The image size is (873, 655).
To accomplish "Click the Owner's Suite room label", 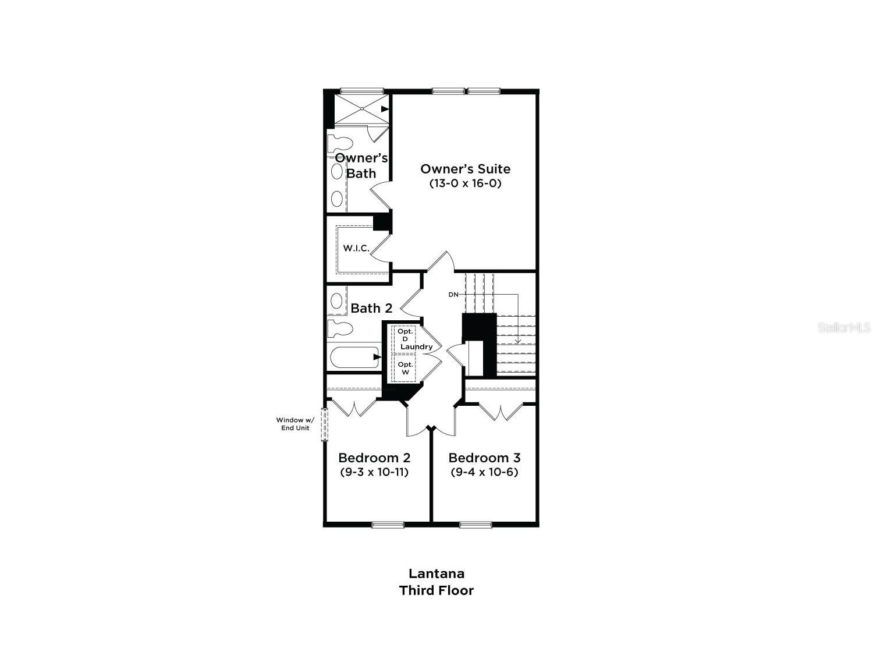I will (x=465, y=169).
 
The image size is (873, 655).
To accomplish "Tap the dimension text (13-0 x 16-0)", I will (x=465, y=183).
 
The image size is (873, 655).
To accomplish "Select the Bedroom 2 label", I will (x=374, y=458).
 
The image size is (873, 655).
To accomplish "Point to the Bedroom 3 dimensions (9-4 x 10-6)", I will (x=484, y=472).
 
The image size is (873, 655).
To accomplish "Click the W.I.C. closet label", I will (x=356, y=248).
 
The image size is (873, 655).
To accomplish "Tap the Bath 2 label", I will (x=371, y=308).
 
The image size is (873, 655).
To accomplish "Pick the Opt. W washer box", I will (x=404, y=368).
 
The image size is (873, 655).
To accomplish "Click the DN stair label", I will (x=453, y=295).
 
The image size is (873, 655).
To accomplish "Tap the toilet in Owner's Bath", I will (x=339, y=143).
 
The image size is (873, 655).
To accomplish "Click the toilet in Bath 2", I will (x=339, y=328).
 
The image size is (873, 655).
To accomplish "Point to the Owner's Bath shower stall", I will (x=361, y=109).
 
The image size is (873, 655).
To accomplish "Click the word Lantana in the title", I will (x=436, y=573).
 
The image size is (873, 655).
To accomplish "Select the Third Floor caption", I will (x=436, y=590).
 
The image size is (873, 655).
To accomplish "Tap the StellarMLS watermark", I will (x=844, y=327).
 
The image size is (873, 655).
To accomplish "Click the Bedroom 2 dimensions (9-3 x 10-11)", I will (x=374, y=472).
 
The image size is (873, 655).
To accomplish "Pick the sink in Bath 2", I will (x=336, y=301).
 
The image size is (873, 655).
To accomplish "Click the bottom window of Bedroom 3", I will (x=476, y=525).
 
